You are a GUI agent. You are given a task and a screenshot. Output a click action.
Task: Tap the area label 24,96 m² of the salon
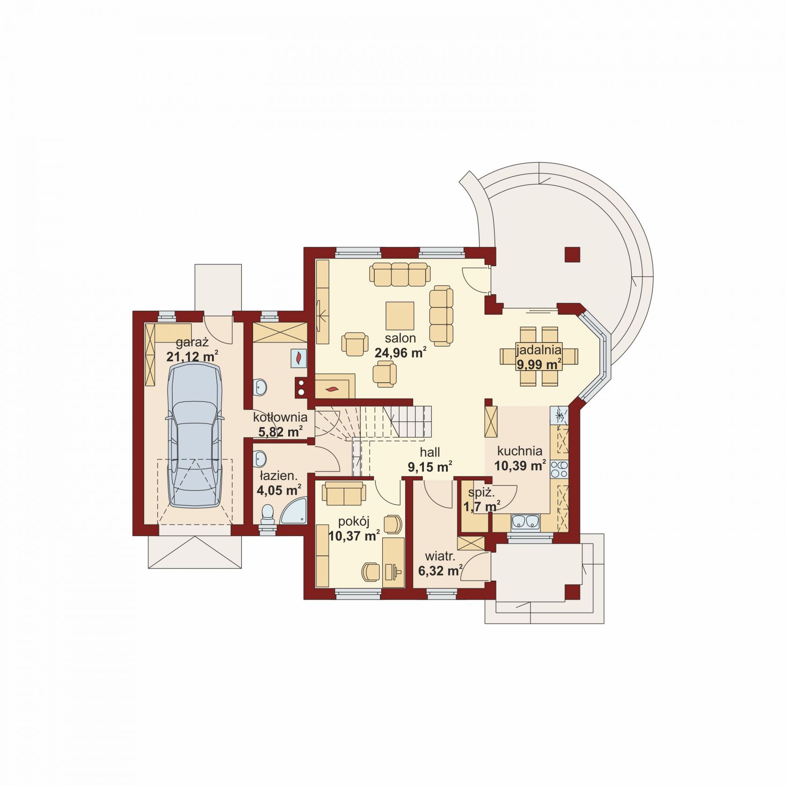pos(400,353)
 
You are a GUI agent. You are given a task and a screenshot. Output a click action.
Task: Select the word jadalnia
pos(539,349)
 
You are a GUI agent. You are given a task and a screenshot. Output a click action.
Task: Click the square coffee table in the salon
pos(400,316)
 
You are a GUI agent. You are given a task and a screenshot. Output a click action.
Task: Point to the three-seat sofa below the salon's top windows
pos(400,274)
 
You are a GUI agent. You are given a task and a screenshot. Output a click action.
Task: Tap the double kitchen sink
pos(525,521)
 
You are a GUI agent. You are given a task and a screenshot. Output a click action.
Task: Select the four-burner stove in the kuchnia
pos(559,469)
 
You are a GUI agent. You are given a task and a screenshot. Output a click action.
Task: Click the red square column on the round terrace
pos(573,255)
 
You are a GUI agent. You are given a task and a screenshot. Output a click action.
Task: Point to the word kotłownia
pos(280,417)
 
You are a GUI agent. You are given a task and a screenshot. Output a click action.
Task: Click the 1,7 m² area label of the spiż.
pos(481,506)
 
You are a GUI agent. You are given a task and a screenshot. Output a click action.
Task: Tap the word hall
pos(429,452)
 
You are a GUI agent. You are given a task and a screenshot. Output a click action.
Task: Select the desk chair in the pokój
pos(371,571)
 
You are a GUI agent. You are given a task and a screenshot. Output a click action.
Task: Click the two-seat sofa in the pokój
pos(344,494)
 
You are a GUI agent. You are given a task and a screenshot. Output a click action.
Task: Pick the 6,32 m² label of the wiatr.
pos(440,571)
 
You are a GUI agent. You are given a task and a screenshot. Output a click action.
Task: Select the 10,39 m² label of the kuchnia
pos(520,466)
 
